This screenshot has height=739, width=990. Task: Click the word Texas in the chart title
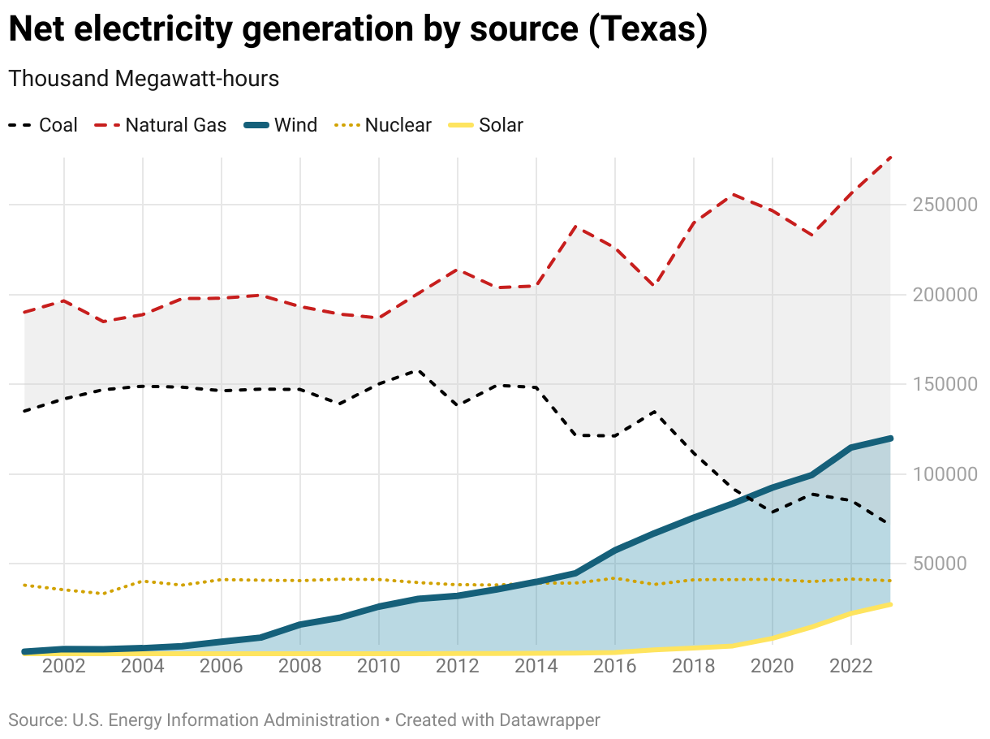(646, 30)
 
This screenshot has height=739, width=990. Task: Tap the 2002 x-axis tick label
(64, 667)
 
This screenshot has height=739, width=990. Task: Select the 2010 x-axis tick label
(379, 667)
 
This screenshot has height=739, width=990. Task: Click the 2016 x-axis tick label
(615, 667)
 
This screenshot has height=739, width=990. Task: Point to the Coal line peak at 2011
(419, 370)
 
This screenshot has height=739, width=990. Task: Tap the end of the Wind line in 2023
(890, 439)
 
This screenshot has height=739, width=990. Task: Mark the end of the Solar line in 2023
(890, 604)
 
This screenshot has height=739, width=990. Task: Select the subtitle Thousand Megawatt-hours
(144, 79)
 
